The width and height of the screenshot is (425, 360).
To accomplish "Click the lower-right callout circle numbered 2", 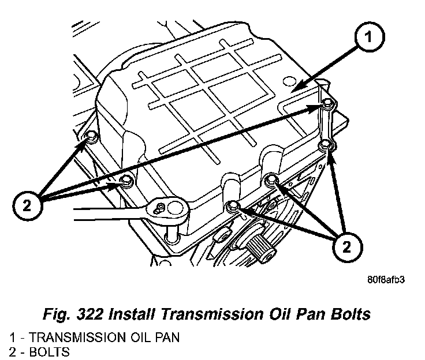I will click(x=346, y=248).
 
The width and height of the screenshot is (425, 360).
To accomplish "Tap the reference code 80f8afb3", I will click(x=384, y=282).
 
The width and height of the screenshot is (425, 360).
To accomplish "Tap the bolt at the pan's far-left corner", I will click(x=91, y=137).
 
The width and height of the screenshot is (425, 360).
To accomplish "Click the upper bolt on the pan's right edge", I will click(x=327, y=104).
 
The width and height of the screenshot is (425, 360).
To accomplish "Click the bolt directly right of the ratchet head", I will click(x=232, y=206).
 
